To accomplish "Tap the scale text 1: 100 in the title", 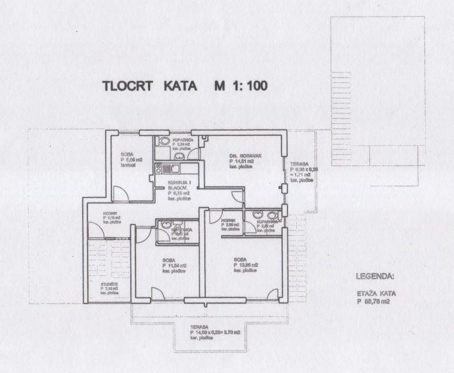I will (247, 87).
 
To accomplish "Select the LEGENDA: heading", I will (376, 277).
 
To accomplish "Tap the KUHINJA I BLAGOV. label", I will (180, 188).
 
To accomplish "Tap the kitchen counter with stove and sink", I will (171, 169).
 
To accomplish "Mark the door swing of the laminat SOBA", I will (121, 193).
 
